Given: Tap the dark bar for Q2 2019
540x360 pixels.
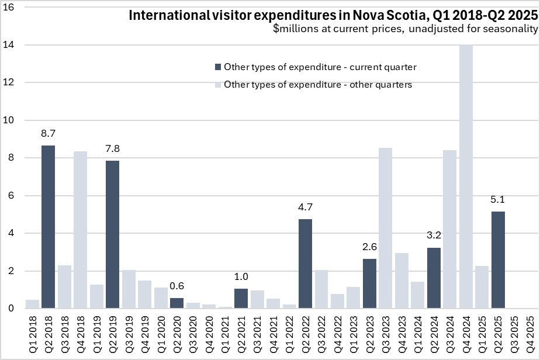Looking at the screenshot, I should click(x=113, y=234).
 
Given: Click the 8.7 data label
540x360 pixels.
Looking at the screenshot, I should click(x=49, y=134).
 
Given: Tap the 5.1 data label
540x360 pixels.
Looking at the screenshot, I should click(x=498, y=199).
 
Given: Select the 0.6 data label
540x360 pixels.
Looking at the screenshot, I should click(x=177, y=286).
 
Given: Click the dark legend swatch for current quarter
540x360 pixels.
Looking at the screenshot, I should click(x=218, y=67).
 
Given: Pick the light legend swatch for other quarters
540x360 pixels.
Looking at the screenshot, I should click(x=218, y=85).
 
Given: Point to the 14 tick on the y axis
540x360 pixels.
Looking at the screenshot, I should click(x=12, y=45).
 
